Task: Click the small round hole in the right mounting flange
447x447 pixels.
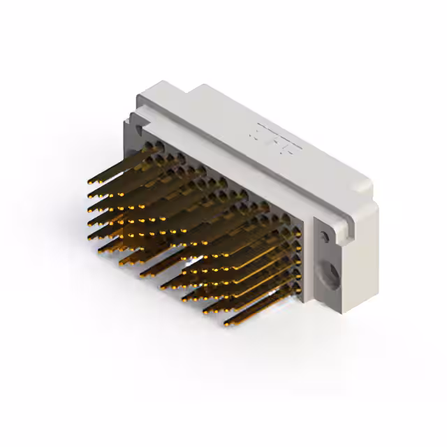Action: click(325, 237)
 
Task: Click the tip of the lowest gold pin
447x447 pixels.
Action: click(226, 323)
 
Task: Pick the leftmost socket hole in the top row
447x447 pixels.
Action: click(149, 144)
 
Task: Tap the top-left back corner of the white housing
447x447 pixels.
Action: click(203, 87)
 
